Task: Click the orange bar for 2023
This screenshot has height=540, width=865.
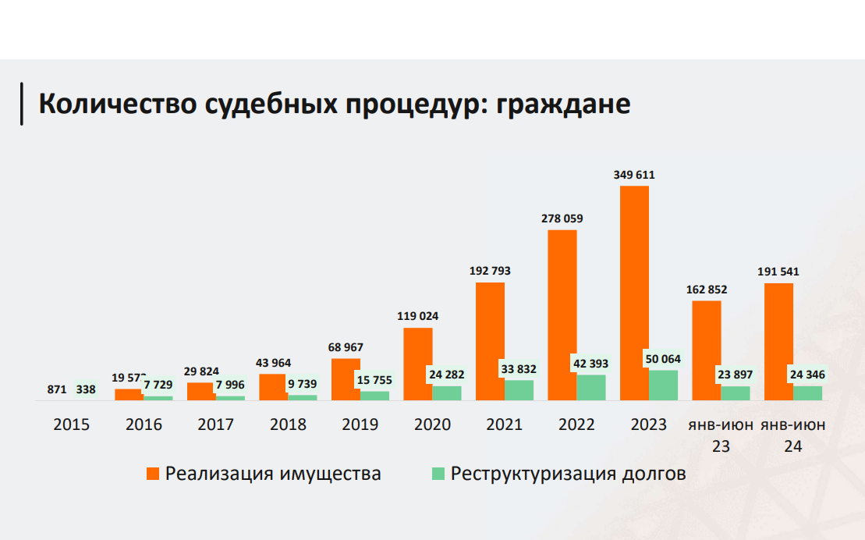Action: tap(634, 293)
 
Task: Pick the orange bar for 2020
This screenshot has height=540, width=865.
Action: tap(418, 364)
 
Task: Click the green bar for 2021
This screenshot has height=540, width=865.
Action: tap(519, 391)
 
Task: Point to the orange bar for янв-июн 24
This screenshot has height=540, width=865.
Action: tap(778, 342)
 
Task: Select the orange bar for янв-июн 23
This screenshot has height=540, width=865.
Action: tap(707, 350)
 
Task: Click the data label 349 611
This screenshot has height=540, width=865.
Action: tap(634, 175)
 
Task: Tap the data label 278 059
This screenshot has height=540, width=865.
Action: tap(562, 218)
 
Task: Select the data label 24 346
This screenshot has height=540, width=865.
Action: tap(807, 375)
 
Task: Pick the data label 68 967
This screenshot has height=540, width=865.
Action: tap(346, 347)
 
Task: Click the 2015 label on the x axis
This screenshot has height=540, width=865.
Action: tap(72, 425)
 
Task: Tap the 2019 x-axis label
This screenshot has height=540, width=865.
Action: tap(360, 425)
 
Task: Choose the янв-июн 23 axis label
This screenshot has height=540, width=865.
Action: tap(721, 435)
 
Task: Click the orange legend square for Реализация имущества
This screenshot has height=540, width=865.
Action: tap(153, 474)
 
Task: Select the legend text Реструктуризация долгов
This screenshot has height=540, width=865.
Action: tap(569, 474)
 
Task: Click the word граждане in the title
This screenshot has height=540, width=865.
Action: tap(562, 104)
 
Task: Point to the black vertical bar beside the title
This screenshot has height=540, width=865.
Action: tap(21, 103)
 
